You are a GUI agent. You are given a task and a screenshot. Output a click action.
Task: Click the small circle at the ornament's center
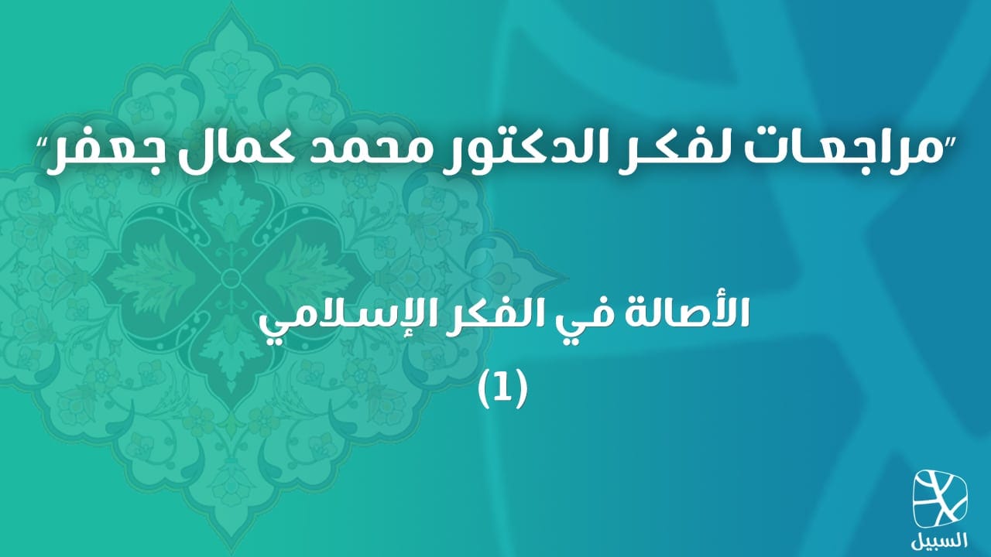(229, 278)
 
